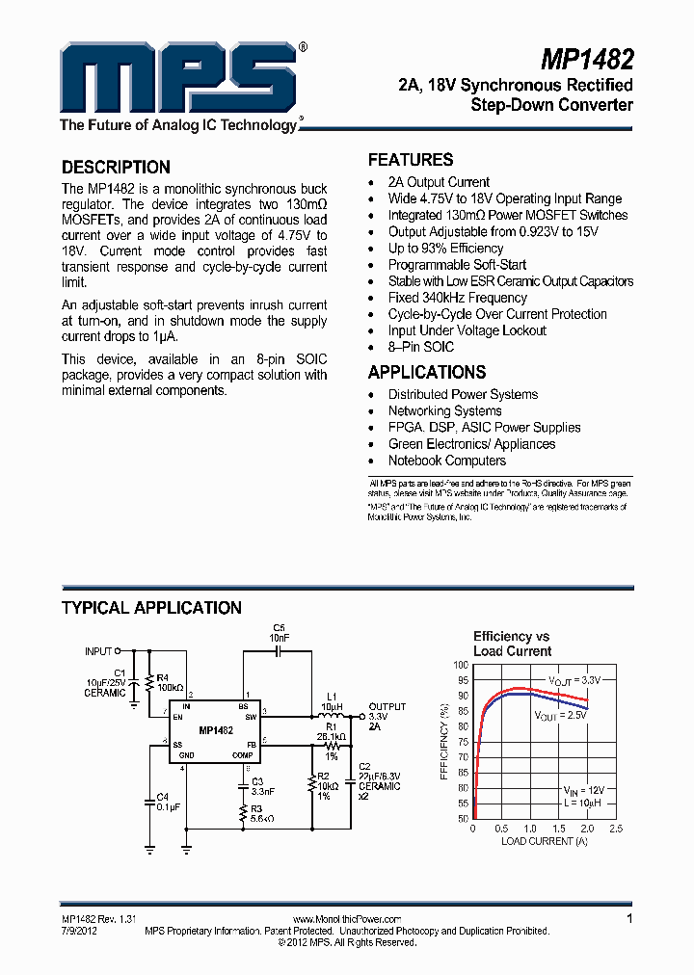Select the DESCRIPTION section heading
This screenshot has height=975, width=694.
click(x=116, y=167)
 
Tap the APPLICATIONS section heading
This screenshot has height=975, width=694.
click(x=427, y=372)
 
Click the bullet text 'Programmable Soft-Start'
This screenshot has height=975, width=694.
click(x=457, y=265)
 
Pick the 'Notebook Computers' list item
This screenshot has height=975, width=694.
click(x=447, y=461)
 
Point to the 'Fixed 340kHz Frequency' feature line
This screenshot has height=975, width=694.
click(x=457, y=298)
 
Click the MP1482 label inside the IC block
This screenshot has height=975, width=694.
click(x=216, y=731)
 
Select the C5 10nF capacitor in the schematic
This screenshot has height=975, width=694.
click(x=280, y=652)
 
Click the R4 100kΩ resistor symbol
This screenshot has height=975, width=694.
click(x=149, y=684)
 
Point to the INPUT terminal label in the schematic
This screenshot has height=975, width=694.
click(x=98, y=651)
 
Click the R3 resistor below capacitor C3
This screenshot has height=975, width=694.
click(x=244, y=814)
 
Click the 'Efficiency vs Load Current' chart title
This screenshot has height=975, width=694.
click(x=512, y=644)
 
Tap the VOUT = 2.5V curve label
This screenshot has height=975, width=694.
click(x=560, y=716)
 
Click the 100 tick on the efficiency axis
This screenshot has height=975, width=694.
click(x=462, y=665)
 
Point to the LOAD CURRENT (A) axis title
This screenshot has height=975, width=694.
click(x=544, y=841)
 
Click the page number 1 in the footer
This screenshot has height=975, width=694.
click(x=629, y=919)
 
